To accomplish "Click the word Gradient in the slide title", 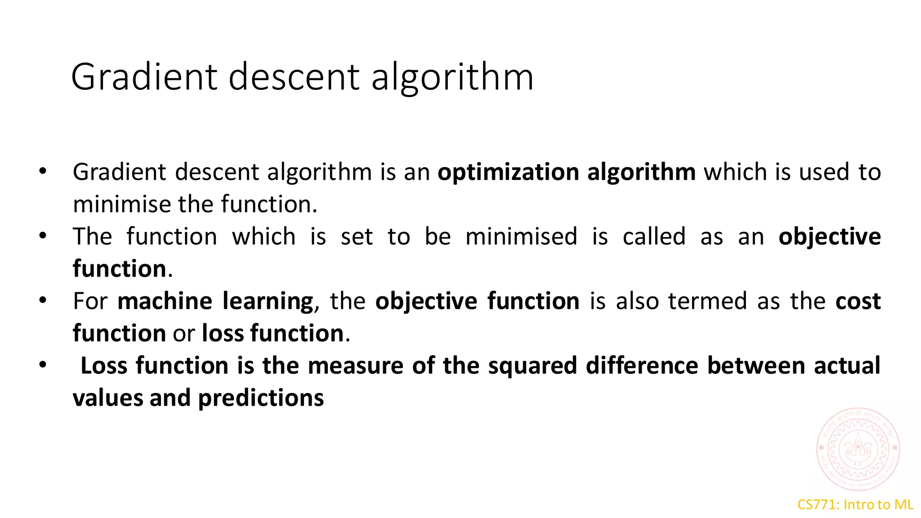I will (144, 77).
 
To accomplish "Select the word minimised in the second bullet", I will (521, 237).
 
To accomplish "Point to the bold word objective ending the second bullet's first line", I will (830, 237).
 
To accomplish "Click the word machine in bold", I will (165, 301).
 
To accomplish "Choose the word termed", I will (707, 301).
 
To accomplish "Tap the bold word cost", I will (858, 301).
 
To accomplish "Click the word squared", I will (532, 366).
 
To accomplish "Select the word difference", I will (642, 365).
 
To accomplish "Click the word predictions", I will (261, 398).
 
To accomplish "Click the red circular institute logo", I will (858, 448).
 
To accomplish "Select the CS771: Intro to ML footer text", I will (855, 505).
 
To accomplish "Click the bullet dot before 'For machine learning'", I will (43, 300).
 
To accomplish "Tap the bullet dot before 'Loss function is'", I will (43, 365).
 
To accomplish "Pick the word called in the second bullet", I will (654, 237).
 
